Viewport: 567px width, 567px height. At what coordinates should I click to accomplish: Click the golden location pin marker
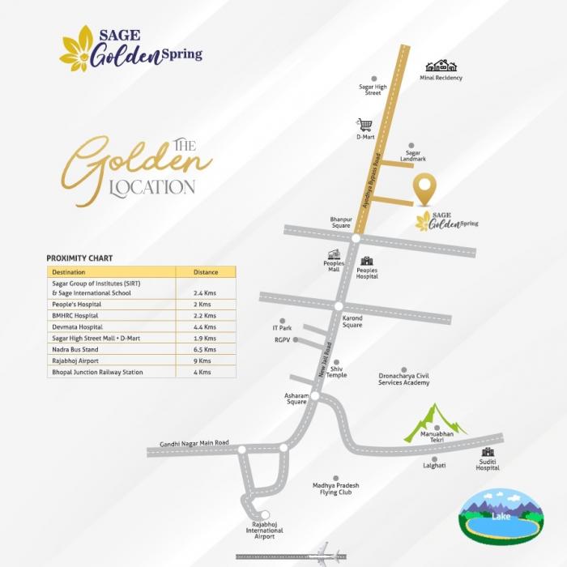pos(425,190)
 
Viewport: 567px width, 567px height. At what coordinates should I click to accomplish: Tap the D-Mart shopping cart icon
pos(365,125)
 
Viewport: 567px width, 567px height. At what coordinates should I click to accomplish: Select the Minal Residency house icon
pos(441,66)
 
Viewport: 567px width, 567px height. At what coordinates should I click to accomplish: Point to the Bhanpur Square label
pos(341,222)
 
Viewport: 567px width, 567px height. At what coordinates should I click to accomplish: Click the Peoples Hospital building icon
pos(367,262)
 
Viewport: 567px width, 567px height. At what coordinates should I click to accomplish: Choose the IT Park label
pos(282,328)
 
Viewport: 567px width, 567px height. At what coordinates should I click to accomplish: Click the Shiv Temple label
pos(337,372)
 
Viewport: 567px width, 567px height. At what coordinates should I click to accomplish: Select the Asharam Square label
pos(296,399)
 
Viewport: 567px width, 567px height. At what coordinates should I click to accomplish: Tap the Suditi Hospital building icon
pos(488,452)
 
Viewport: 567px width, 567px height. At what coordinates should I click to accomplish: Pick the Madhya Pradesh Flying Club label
pos(335,488)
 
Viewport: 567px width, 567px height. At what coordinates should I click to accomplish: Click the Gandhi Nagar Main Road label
pos(188,443)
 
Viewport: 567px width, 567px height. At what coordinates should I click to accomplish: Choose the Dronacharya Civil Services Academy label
pos(416,379)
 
